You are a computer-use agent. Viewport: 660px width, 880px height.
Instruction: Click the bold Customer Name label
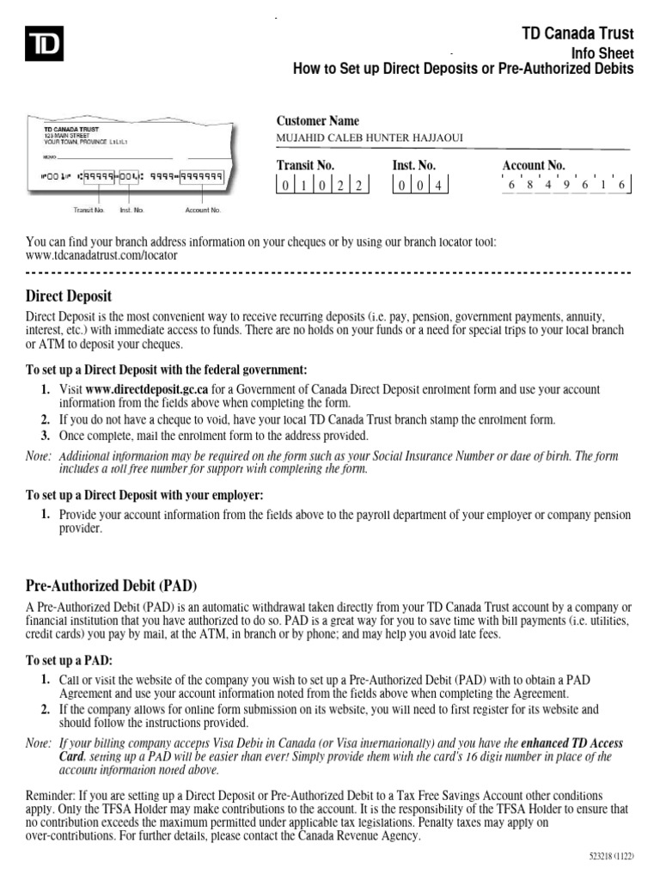[x=317, y=121]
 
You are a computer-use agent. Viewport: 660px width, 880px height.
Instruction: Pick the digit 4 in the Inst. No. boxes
[x=437, y=185]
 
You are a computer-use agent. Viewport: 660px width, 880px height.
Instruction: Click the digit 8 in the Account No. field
[x=530, y=185]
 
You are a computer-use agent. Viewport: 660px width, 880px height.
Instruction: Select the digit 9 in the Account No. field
[x=568, y=185]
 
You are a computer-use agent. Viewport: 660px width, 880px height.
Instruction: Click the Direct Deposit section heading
[x=69, y=296]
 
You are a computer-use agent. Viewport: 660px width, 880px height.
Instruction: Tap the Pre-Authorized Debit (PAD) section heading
[x=112, y=586]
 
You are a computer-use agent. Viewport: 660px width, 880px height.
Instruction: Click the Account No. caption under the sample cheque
[x=203, y=209]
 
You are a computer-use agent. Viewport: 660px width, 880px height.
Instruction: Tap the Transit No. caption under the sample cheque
[x=89, y=209]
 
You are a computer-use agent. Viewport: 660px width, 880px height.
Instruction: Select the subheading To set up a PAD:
[x=69, y=660]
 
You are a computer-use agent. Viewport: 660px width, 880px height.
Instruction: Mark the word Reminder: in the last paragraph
[x=54, y=796]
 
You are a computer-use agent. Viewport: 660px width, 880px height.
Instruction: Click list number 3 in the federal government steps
[x=45, y=436]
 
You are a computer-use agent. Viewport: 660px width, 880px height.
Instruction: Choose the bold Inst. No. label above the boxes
[x=414, y=165]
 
